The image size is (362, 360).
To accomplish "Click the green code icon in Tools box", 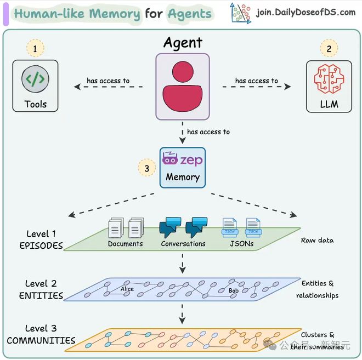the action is [x=35, y=79].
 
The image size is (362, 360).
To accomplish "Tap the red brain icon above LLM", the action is [x=329, y=79].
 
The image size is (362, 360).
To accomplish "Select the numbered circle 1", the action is [x=35, y=48].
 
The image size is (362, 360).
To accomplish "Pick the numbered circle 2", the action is [x=329, y=48].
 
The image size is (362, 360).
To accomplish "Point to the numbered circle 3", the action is [x=147, y=168].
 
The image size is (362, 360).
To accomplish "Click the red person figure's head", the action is [x=183, y=72].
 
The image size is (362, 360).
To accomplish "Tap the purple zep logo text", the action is [x=191, y=160].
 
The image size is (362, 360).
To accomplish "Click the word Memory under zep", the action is [x=183, y=177].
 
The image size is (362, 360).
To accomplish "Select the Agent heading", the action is [x=183, y=43].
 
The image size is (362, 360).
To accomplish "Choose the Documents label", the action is [x=126, y=244].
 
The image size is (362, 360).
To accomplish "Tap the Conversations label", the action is [x=183, y=244].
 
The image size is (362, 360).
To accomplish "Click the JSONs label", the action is [x=242, y=244].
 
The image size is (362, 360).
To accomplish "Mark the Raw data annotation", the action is [x=317, y=241].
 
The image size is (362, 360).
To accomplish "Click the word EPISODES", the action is [x=41, y=245].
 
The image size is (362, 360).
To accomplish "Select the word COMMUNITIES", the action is [x=41, y=341].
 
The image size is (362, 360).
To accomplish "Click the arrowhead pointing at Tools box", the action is [x=77, y=87].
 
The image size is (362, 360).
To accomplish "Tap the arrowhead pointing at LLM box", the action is [x=287, y=87].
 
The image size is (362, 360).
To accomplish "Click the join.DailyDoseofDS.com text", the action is [x=306, y=12].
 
